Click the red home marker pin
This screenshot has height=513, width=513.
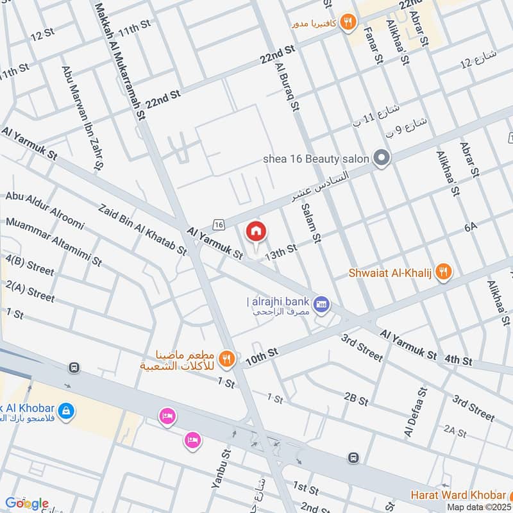[x=256, y=231]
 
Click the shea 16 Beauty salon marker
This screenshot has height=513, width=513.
[x=382, y=158]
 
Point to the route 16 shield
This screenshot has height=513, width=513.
[x=219, y=224]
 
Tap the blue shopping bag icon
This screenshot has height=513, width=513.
[x=65, y=409]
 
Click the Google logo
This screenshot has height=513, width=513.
[x=27, y=503]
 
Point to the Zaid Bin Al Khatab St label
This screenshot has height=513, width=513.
[x=142, y=229]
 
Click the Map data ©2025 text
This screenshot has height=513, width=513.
[x=478, y=507]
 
